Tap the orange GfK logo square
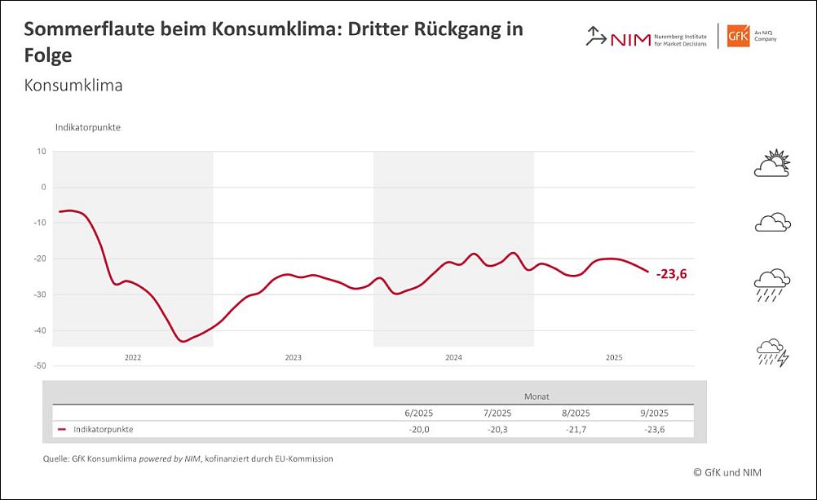point(738,36)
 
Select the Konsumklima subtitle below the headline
point(73,85)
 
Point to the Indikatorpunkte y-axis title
point(88,128)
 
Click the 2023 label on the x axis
point(293,357)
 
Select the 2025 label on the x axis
point(614,357)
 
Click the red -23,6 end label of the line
point(672,275)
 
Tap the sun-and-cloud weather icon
point(772,164)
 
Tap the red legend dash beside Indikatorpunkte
point(62,429)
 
